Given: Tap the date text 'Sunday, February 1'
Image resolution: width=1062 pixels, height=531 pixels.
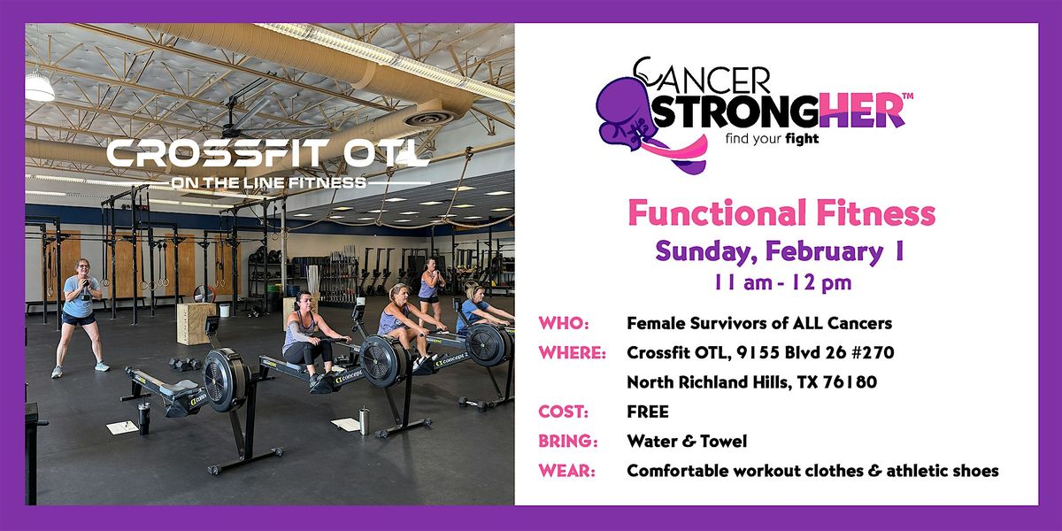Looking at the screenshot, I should (779, 250).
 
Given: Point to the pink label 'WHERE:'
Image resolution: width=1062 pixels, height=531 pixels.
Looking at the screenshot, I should (572, 353).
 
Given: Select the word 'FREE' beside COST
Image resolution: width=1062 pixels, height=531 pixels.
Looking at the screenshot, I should (648, 412).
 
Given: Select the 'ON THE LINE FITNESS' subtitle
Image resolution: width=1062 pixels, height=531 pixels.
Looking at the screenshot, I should (268, 182).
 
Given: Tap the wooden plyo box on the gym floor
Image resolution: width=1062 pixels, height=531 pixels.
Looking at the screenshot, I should (194, 323).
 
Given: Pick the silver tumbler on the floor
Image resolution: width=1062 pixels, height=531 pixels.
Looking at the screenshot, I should (364, 419).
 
